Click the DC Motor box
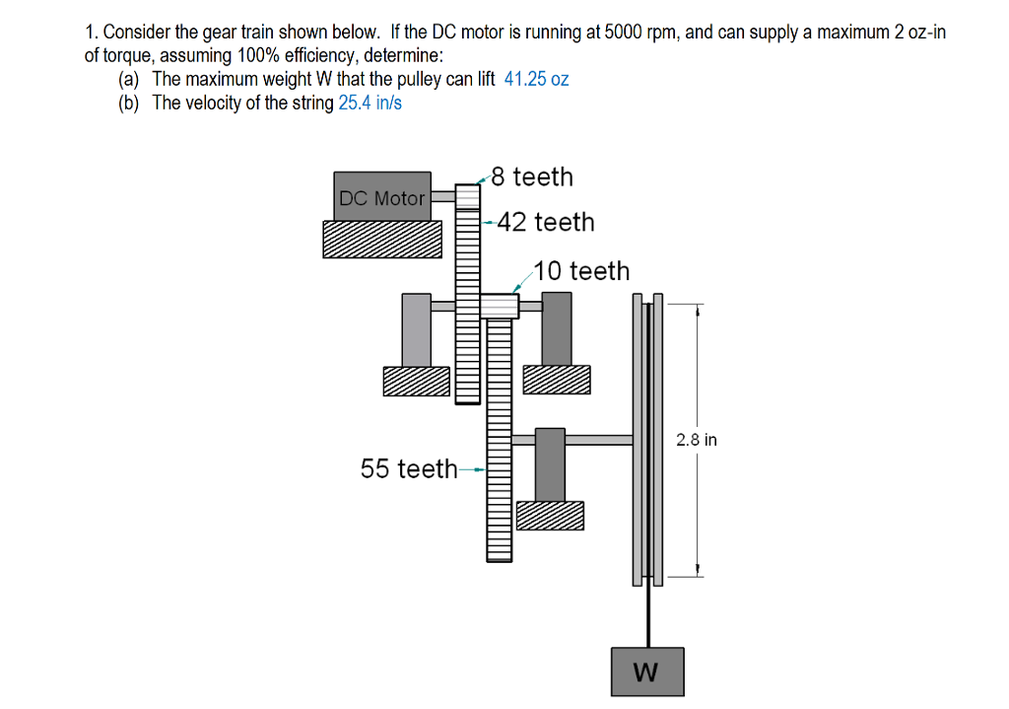click(x=382, y=197)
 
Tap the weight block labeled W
click(x=646, y=672)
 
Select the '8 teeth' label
click(x=531, y=177)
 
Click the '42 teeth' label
click(x=546, y=222)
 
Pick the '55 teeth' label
click(x=409, y=468)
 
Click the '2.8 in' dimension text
click(x=696, y=440)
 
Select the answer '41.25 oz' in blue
click(x=536, y=80)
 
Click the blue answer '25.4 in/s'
click(x=370, y=104)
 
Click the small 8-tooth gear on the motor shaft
click(x=467, y=196)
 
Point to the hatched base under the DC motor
click(x=382, y=239)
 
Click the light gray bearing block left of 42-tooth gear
click(x=416, y=329)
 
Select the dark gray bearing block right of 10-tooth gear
click(x=557, y=329)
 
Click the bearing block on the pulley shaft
click(x=550, y=463)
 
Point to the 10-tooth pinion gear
click(x=500, y=306)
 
